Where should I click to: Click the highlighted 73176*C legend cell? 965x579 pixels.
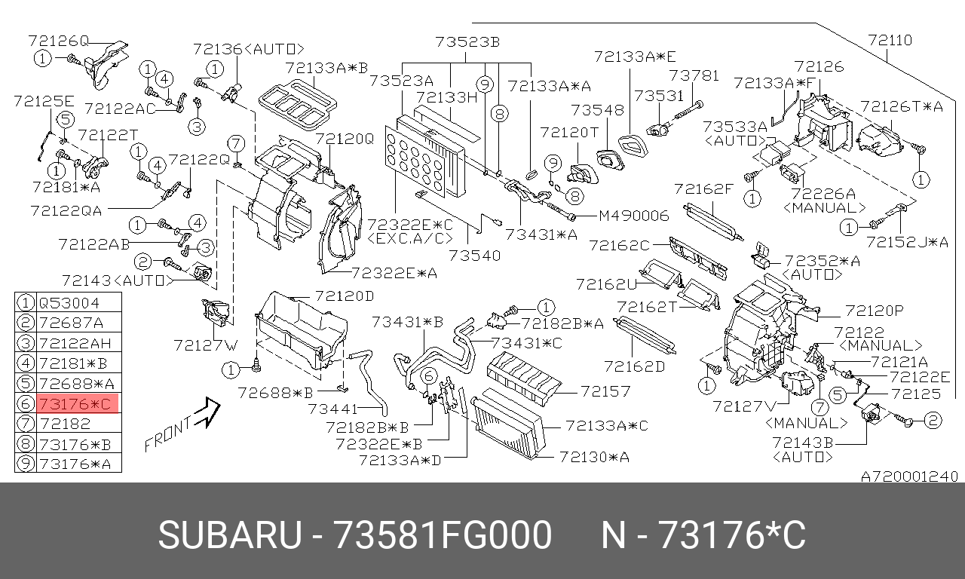(75, 405)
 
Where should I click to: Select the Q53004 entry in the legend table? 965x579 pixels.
(69, 303)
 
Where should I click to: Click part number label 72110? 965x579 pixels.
(890, 40)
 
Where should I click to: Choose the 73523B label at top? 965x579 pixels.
(467, 41)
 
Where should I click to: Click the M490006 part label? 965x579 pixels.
(634, 216)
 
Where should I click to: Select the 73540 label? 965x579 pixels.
(474, 256)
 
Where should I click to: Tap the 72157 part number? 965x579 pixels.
(604, 391)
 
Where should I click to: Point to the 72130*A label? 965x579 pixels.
(594, 457)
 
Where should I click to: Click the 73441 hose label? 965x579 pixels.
(332, 409)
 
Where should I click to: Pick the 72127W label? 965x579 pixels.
(205, 345)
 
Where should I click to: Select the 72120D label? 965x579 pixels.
(345, 296)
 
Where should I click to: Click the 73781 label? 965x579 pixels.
(694, 75)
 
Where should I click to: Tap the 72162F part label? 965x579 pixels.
(703, 188)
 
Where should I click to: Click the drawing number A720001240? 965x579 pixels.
(910, 476)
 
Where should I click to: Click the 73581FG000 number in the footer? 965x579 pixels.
(443, 536)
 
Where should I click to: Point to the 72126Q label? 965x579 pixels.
(59, 40)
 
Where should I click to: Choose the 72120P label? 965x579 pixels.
(874, 310)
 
